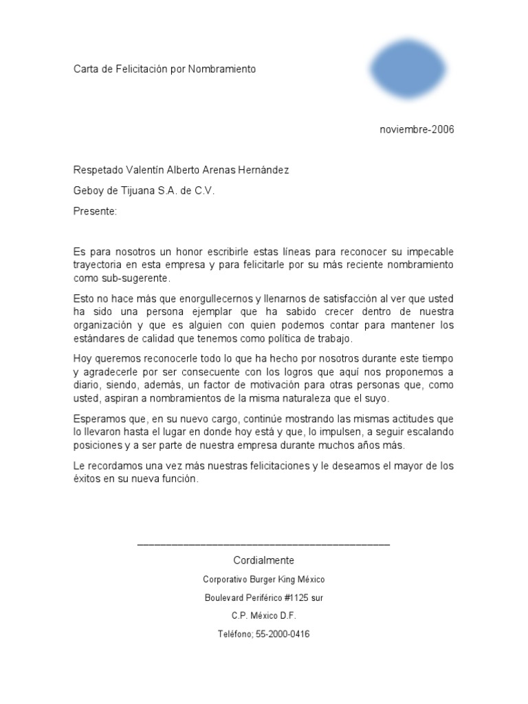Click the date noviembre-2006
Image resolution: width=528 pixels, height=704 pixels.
coord(417,129)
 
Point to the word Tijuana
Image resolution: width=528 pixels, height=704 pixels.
coord(138,191)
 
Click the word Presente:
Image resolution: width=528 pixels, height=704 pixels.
coord(96,212)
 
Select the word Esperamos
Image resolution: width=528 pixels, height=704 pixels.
coord(100,419)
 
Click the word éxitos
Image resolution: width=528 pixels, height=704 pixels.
coord(87,480)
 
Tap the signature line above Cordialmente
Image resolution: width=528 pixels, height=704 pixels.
coord(263,544)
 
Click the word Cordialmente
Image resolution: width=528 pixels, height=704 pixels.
coord(264,560)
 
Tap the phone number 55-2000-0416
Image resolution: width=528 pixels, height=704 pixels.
coord(279,635)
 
